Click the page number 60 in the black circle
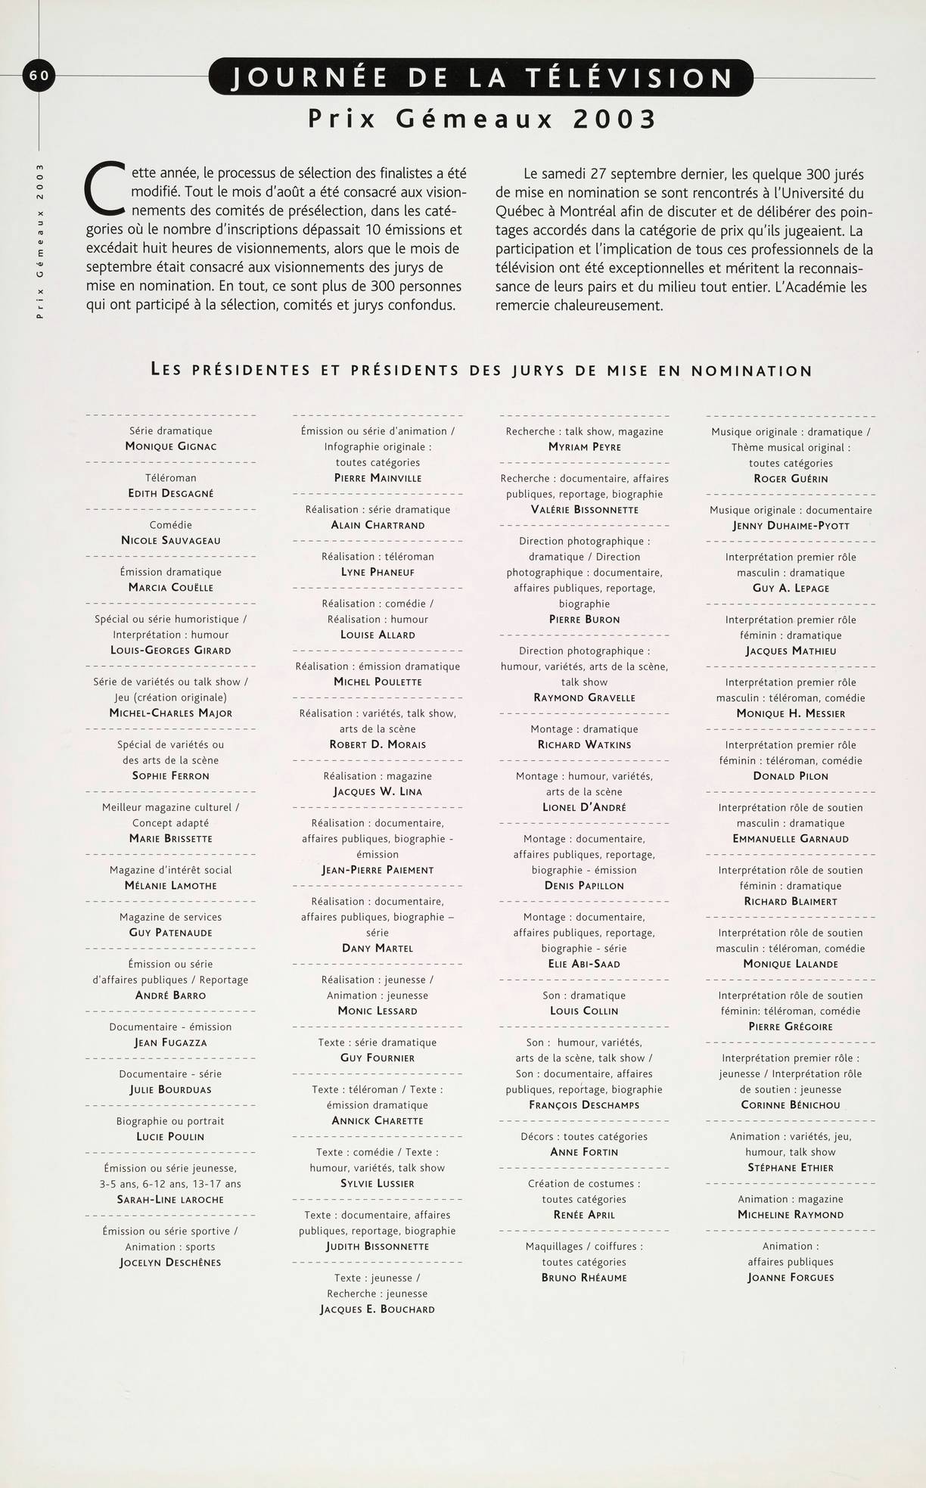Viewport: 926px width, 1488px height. pos(39,75)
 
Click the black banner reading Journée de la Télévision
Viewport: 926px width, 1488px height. pos(481,78)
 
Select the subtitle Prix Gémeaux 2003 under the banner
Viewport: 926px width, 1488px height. pos(481,119)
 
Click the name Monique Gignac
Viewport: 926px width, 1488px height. pos(171,446)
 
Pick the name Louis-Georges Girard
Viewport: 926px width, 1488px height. pos(171,650)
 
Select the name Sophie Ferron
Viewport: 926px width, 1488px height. pos(171,775)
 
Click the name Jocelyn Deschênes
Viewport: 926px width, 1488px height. pos(170,1262)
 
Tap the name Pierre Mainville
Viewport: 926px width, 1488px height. pos(378,478)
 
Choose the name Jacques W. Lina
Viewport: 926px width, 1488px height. pos(378,791)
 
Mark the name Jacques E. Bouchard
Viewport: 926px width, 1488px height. pos(378,1309)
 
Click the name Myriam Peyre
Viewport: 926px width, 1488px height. pos(584,446)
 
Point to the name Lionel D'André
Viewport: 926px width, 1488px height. pos(584,807)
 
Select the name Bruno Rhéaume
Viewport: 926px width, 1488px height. pos(584,1278)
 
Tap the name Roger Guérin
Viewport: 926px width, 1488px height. pos(791,479)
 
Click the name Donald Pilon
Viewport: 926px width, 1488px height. pos(791,775)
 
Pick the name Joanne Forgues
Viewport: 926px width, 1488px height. pos(791,1277)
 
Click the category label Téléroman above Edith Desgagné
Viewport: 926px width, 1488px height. pos(171,477)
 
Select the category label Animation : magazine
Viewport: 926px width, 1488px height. pos(791,1198)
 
